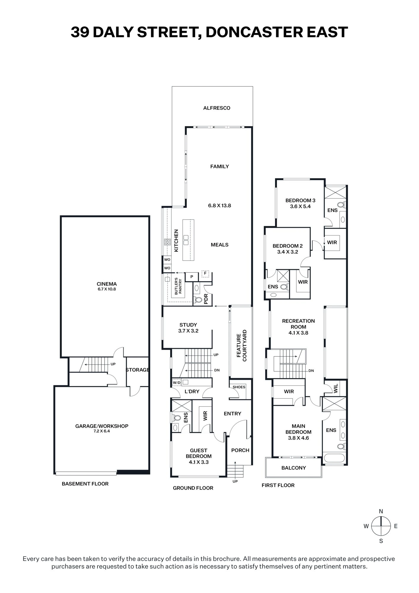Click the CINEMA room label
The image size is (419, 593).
click(107, 284)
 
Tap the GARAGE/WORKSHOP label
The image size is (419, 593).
click(102, 426)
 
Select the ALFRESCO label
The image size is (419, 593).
click(217, 108)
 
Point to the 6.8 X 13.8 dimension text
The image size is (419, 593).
click(220, 205)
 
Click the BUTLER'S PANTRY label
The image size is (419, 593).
click(178, 286)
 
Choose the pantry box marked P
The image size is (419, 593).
click(192, 277)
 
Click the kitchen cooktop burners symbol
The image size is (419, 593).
click(167, 242)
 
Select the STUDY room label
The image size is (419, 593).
click(188, 325)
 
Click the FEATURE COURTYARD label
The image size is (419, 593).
click(242, 345)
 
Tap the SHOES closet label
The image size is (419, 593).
click(239, 387)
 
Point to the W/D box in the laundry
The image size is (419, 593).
click(177, 382)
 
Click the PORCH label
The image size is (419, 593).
click(240, 450)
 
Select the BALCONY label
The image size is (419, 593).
click(294, 468)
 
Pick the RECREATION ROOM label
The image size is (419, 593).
click(298, 324)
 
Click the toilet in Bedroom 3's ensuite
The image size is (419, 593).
click(341, 204)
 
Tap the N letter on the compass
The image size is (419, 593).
click(381, 511)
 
